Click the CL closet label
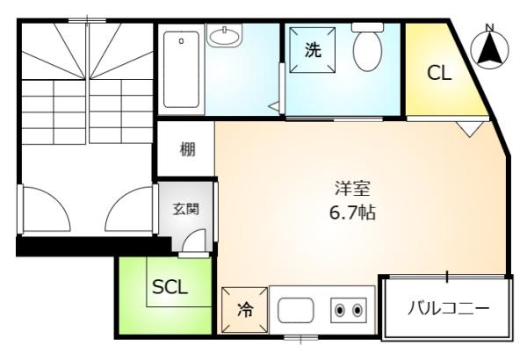coord(439,73)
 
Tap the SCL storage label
coord(170,287)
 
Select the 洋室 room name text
coord(352,189)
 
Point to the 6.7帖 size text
coord(352,212)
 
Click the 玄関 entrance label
coord(186,209)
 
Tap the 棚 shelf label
coord(188,149)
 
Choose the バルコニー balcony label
coord(449,308)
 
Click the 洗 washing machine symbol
coord(313,50)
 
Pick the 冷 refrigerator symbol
coord(245,310)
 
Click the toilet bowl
coord(368,50)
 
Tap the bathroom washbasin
coord(224,35)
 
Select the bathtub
coord(181,68)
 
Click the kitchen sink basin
coord(296,310)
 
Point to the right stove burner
coord(357,310)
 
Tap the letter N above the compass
coord(490,27)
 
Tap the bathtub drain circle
coord(181,41)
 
